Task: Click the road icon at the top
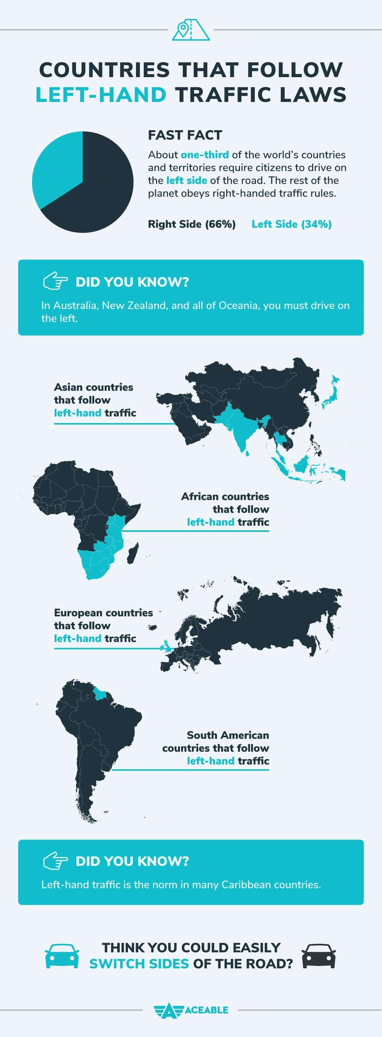pyautogui.click(x=191, y=29)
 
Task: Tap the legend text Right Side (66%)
pyautogui.click(x=191, y=224)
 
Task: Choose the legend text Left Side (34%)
pyautogui.click(x=291, y=224)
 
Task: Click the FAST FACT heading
pyautogui.click(x=185, y=135)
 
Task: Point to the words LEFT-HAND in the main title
pyautogui.click(x=101, y=95)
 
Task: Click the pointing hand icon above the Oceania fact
pyautogui.click(x=55, y=281)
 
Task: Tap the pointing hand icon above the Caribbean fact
pyautogui.click(x=55, y=861)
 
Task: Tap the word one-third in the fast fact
pyautogui.click(x=205, y=155)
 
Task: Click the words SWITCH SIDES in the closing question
pyautogui.click(x=139, y=964)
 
